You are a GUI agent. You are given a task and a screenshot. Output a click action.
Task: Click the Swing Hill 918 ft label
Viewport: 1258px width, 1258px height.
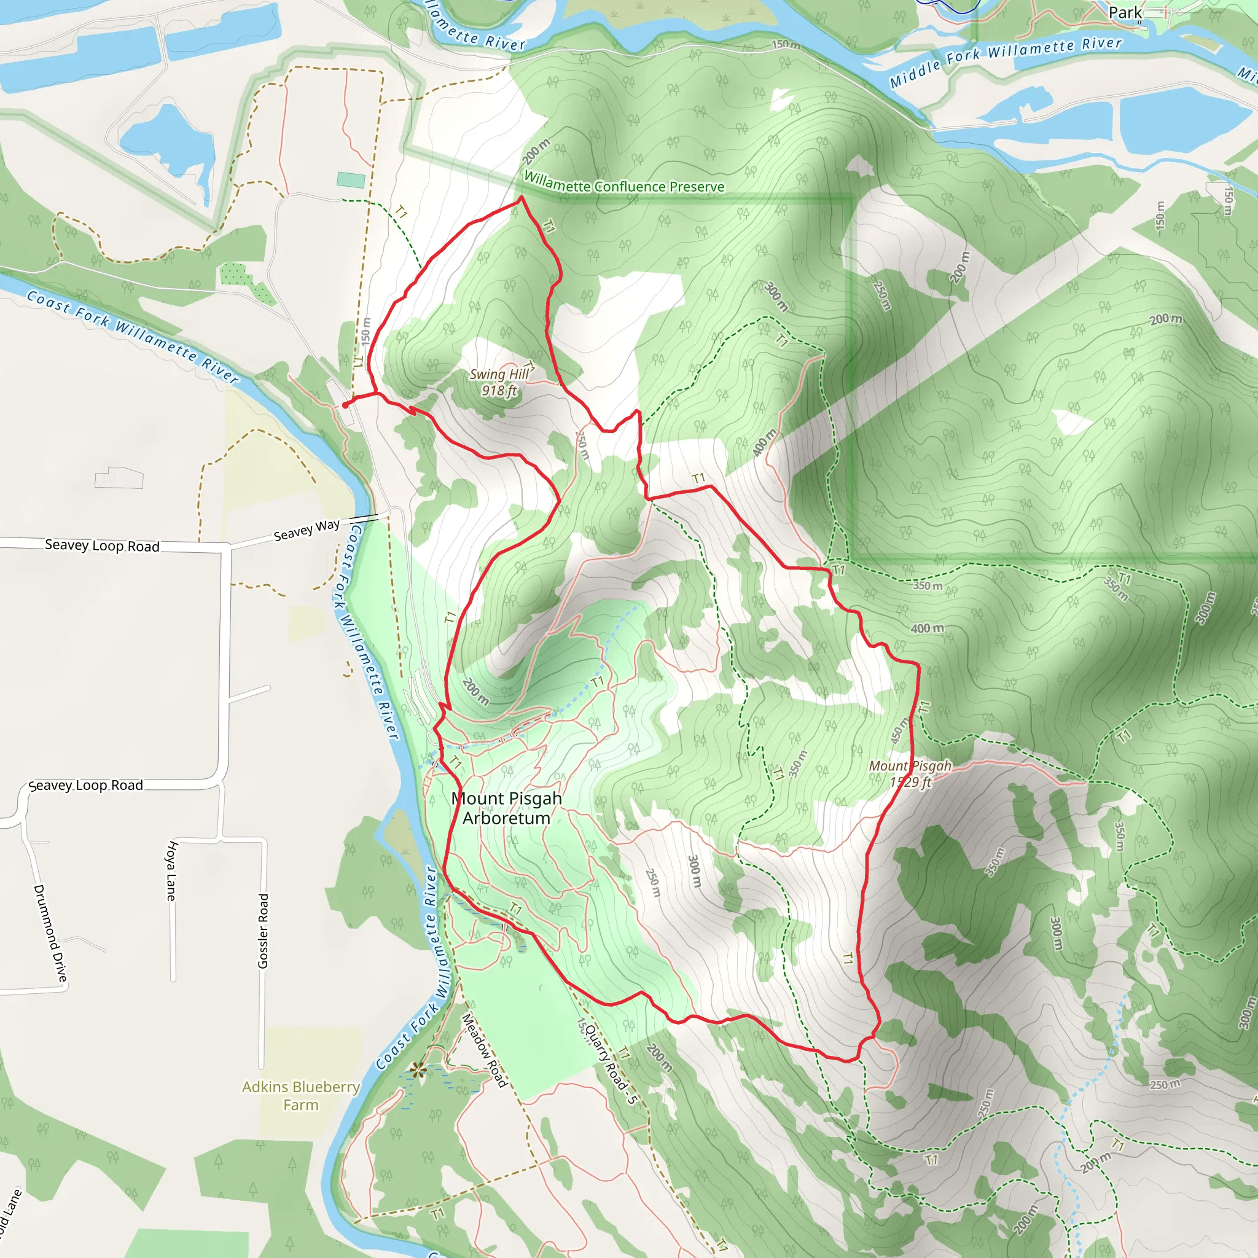click(499, 382)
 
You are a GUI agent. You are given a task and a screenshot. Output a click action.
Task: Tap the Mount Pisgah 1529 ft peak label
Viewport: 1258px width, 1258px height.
click(910, 773)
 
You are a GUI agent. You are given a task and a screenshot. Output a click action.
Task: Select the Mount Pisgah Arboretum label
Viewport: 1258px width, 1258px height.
click(507, 808)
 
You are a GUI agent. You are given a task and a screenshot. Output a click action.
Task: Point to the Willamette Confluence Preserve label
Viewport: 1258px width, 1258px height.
click(624, 183)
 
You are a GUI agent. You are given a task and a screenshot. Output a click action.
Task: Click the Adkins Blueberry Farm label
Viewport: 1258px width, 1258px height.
click(301, 1095)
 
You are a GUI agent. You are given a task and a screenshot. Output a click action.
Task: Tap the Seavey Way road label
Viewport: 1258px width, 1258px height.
click(307, 530)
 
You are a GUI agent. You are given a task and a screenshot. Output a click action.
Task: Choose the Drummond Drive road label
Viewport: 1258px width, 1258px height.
click(50, 933)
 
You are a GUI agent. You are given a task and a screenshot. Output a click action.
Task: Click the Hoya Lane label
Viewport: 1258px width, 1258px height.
click(171, 870)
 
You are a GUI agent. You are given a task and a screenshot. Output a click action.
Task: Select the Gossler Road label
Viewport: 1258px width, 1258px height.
click(263, 931)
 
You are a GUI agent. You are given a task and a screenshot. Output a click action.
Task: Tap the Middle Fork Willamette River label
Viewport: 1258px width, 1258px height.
click(1006, 61)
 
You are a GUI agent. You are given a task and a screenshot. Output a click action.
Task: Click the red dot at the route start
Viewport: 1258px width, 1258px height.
click(345, 405)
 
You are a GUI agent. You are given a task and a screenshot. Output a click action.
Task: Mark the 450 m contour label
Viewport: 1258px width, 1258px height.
click(899, 730)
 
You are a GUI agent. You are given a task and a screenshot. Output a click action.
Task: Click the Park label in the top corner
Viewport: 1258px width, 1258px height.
click(1125, 12)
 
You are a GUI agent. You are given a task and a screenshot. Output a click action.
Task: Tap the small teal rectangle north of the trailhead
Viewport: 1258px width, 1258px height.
click(351, 180)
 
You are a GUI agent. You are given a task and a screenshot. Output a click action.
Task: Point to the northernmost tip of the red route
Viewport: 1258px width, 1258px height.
click(521, 197)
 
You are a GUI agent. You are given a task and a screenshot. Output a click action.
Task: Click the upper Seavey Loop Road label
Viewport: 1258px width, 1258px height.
click(102, 545)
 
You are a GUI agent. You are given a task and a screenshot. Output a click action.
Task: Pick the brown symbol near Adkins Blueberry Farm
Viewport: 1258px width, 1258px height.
click(417, 1069)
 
